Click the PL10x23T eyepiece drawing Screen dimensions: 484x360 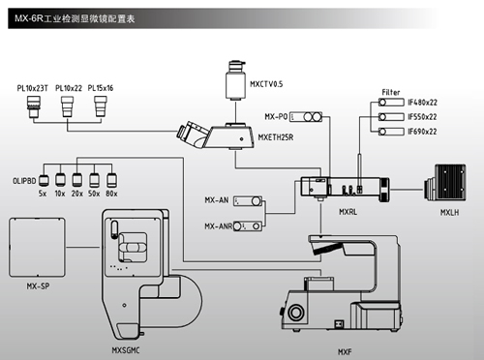point(34,106)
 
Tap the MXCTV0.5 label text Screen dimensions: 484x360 point(266,84)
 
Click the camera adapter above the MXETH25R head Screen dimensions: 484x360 point(235,80)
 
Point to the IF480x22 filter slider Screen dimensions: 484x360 point(391,103)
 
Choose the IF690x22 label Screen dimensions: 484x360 point(422,132)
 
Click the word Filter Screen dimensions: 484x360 point(391,92)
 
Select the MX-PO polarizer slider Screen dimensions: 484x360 point(306,117)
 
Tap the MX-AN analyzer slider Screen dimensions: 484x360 point(248,201)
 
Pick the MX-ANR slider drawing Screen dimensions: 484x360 point(248,226)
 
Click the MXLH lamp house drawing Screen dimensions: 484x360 point(445,183)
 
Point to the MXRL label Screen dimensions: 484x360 point(348,212)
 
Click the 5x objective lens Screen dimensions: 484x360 point(44,181)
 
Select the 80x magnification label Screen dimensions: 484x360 point(111,194)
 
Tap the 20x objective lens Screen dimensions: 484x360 point(77,180)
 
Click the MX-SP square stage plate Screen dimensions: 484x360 point(37,247)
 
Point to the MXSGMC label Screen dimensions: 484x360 point(126,350)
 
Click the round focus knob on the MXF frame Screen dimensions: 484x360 point(295,312)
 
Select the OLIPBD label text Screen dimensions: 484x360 point(24,181)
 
